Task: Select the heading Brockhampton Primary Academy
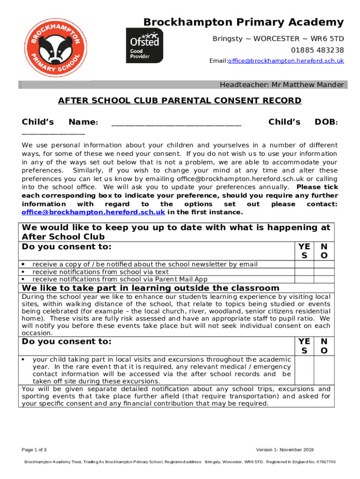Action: click(x=243, y=22)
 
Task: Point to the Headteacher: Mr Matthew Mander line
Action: click(x=282, y=85)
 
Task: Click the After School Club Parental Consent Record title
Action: click(x=180, y=101)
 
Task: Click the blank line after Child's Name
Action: click(x=177, y=123)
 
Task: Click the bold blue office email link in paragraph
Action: click(x=94, y=212)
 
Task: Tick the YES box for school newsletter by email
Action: click(x=304, y=264)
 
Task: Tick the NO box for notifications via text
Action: click(x=324, y=272)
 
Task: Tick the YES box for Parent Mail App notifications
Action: click(x=304, y=279)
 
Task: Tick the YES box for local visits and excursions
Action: click(x=304, y=370)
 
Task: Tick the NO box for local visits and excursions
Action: click(x=324, y=370)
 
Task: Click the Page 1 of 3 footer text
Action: click(x=34, y=450)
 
